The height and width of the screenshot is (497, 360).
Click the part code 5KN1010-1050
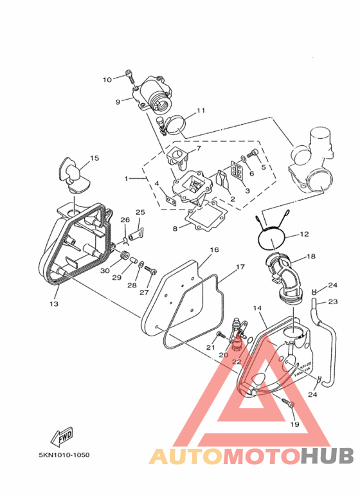(64, 455)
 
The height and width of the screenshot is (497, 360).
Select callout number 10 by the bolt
(107, 80)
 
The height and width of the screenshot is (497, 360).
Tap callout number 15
(94, 158)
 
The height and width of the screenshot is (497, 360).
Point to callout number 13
(54, 303)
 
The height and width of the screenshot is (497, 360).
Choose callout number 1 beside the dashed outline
(126, 179)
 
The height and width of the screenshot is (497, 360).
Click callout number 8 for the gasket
(175, 228)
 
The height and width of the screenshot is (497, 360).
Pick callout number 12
(304, 234)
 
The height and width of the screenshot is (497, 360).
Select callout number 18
(311, 256)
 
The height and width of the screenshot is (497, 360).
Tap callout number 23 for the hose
(333, 302)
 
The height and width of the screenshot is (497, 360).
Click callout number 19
(294, 424)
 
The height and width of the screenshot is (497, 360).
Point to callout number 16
(214, 249)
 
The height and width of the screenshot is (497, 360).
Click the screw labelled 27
(150, 271)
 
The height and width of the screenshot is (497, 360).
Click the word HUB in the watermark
(327, 456)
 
